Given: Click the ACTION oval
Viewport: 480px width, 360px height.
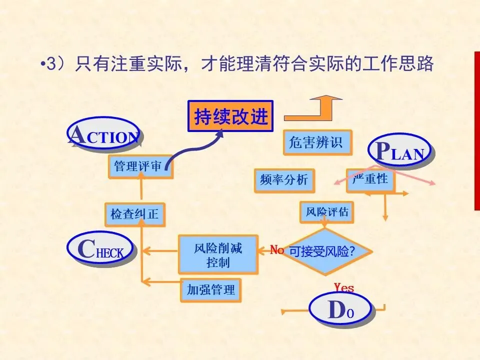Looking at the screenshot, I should [x=104, y=134].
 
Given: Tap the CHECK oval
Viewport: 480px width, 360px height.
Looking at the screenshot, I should [x=101, y=249].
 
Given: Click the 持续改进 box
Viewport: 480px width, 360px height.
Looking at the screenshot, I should [x=230, y=116].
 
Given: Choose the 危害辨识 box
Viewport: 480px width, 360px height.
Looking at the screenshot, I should [x=316, y=143].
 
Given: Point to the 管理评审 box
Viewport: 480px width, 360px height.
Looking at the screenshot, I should [x=140, y=166].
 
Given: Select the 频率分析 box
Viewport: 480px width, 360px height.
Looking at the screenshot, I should [x=284, y=180].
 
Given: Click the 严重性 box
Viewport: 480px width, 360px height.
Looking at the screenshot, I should [x=370, y=179].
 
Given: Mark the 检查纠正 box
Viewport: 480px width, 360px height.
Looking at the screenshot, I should [x=134, y=214].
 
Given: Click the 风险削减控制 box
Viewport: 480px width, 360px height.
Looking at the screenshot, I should [x=218, y=254].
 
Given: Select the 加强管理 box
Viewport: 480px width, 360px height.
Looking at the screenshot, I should [x=210, y=289].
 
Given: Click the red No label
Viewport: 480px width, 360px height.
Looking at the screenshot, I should [x=276, y=250].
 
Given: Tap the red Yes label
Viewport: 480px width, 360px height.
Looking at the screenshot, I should [x=344, y=287].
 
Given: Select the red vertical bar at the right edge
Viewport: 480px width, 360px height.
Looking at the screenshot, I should [x=476, y=130].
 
